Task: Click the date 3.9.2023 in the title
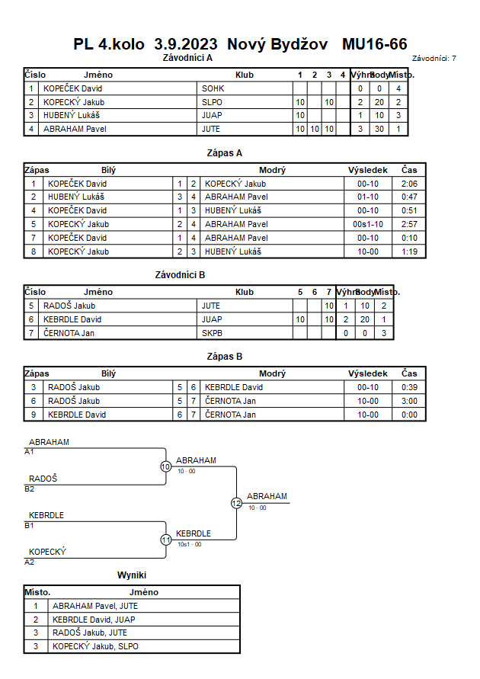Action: point(186,44)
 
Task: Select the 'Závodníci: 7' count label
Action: point(434,59)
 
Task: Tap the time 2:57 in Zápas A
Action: point(409,224)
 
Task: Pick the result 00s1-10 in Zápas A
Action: point(368,224)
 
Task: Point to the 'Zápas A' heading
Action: point(225,153)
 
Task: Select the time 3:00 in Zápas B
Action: point(409,401)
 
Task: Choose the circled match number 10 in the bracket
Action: point(166,467)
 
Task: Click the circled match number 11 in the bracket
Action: point(166,540)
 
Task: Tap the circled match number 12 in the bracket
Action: point(236,503)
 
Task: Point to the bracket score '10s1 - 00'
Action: point(190,544)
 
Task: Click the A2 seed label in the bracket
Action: point(30,562)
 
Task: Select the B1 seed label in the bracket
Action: point(29,526)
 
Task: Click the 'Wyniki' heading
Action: point(132,575)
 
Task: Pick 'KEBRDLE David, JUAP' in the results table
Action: point(94,620)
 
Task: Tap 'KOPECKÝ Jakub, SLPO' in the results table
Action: point(95,646)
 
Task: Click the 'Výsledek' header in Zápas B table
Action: point(368,373)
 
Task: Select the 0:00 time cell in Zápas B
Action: point(409,415)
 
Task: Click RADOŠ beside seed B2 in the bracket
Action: point(43,479)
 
